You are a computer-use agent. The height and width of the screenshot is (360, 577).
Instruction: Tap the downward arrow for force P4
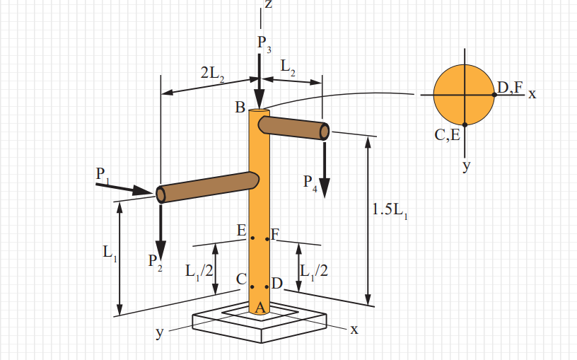click(324, 169)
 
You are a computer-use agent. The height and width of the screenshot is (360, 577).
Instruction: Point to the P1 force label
click(103, 174)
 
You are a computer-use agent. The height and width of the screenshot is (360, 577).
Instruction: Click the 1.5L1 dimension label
click(390, 210)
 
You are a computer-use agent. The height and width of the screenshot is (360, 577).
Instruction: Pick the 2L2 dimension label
click(211, 72)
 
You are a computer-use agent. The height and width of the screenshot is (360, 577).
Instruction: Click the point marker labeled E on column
click(252, 238)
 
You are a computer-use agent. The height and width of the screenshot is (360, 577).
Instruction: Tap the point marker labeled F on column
click(267, 238)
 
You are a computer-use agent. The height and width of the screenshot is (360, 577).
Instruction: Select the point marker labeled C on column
click(252, 286)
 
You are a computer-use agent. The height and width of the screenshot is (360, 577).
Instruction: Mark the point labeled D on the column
click(267, 286)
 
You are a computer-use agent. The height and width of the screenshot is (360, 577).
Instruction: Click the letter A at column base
click(260, 307)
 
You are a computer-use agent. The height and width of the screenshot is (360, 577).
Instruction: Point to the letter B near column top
click(240, 108)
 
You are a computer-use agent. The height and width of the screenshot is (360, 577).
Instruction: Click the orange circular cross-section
click(464, 93)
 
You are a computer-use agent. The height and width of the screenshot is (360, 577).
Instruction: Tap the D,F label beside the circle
click(509, 87)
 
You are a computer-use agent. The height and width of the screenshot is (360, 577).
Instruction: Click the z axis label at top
click(268, 4)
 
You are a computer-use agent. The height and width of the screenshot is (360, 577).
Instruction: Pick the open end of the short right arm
click(325, 132)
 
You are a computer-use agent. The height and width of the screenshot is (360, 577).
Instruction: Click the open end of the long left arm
click(161, 194)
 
